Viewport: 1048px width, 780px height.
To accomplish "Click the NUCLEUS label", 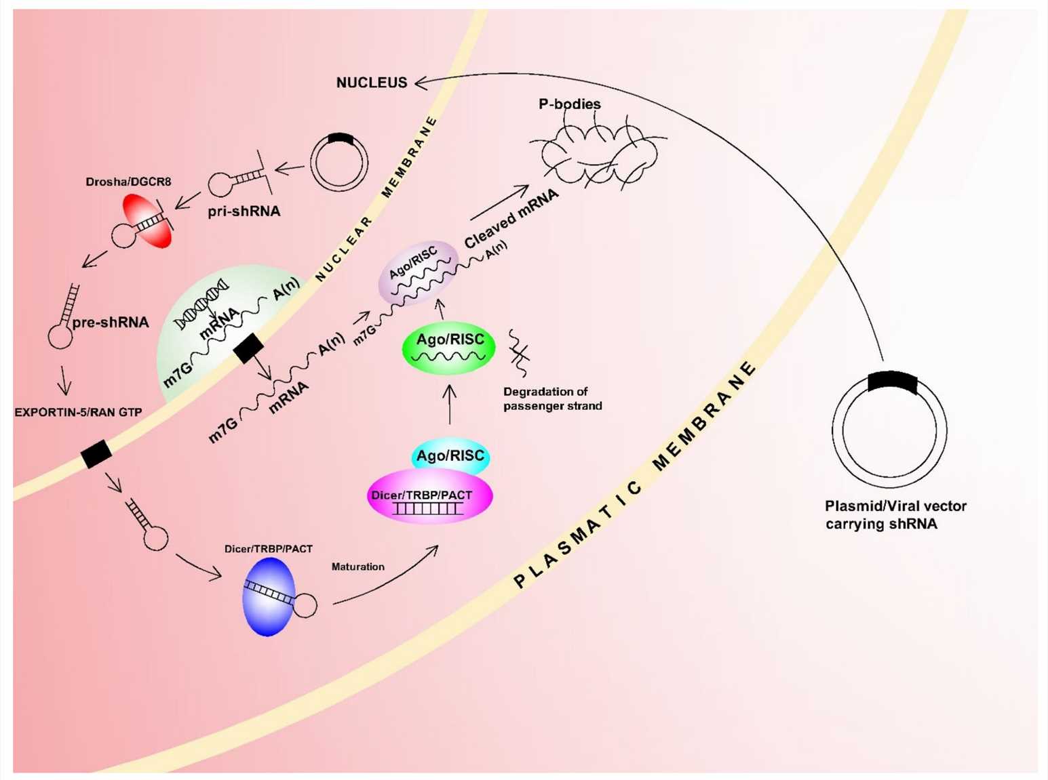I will (x=372, y=83).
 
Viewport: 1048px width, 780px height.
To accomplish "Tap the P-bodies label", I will (x=569, y=104).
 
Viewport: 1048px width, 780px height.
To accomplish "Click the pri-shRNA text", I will (x=244, y=211).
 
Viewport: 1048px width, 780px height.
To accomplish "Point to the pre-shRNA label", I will (x=111, y=323).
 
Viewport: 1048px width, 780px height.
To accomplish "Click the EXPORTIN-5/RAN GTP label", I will (x=78, y=412).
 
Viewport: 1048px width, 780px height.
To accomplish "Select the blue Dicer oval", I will (x=269, y=596).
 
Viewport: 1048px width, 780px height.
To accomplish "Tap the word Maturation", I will (x=357, y=567).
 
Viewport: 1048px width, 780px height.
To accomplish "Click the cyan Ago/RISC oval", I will (x=450, y=456).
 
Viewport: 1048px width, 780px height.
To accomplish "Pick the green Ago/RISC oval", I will (x=449, y=348).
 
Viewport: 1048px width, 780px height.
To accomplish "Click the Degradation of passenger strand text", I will (x=552, y=399).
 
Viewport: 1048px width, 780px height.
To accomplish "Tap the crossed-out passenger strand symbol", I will (x=520, y=352).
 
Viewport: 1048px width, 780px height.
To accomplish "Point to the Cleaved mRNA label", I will (x=511, y=218).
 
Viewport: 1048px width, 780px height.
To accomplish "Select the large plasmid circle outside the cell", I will (x=889, y=430).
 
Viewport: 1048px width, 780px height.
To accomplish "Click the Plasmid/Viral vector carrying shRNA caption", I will (x=895, y=515).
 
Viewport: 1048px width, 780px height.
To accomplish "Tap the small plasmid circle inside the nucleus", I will (x=339, y=162).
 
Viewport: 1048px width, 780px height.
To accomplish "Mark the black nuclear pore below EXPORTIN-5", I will (x=96, y=454).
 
